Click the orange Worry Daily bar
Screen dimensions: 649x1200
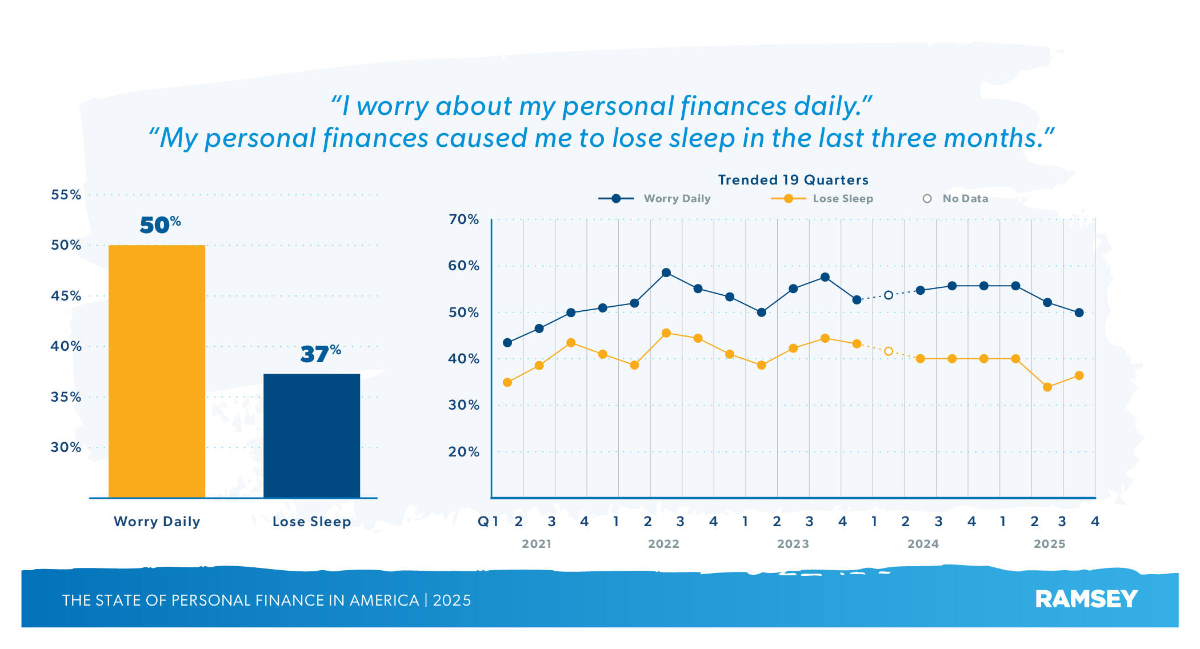157,371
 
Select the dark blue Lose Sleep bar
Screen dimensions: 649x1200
311,435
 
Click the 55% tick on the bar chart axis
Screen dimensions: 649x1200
66,195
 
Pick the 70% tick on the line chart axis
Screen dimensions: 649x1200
463,219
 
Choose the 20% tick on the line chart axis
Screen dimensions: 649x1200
463,452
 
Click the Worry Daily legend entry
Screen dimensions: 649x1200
654,199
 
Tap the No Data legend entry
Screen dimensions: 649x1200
955,199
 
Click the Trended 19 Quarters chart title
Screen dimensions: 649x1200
793,180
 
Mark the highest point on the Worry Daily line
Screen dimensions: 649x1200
666,273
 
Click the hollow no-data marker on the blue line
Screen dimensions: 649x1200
889,295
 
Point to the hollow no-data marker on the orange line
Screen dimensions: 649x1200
889,351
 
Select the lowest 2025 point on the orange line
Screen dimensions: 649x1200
1047,387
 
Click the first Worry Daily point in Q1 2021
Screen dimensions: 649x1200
507,343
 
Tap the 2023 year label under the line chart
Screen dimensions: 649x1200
793,544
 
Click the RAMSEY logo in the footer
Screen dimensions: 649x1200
1086,599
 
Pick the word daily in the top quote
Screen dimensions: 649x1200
830,106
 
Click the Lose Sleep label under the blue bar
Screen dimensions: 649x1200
311,522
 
